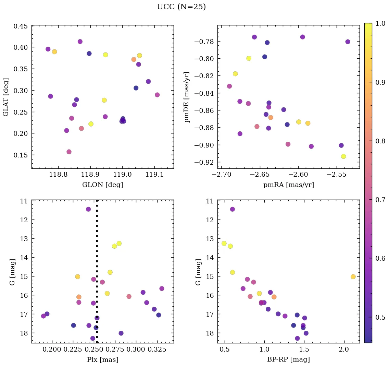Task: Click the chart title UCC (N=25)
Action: click(181, 7)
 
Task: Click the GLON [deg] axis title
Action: click(102, 185)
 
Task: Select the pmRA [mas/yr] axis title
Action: click(288, 185)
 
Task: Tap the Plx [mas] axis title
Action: click(102, 359)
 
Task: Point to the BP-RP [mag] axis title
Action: click(288, 359)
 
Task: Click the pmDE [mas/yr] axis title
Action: click(187, 97)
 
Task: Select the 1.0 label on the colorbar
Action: click(380, 23)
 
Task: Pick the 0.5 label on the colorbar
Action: click(380, 317)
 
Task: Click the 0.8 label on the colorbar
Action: click(380, 141)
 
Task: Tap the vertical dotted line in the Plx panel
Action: click(97, 240)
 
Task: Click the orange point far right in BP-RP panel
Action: click(353, 276)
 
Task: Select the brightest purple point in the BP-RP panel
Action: click(233, 209)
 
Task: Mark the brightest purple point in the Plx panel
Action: click(88, 209)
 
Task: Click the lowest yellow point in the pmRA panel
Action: click(343, 156)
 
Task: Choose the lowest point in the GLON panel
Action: click(69, 152)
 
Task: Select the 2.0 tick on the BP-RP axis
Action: click(343, 350)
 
